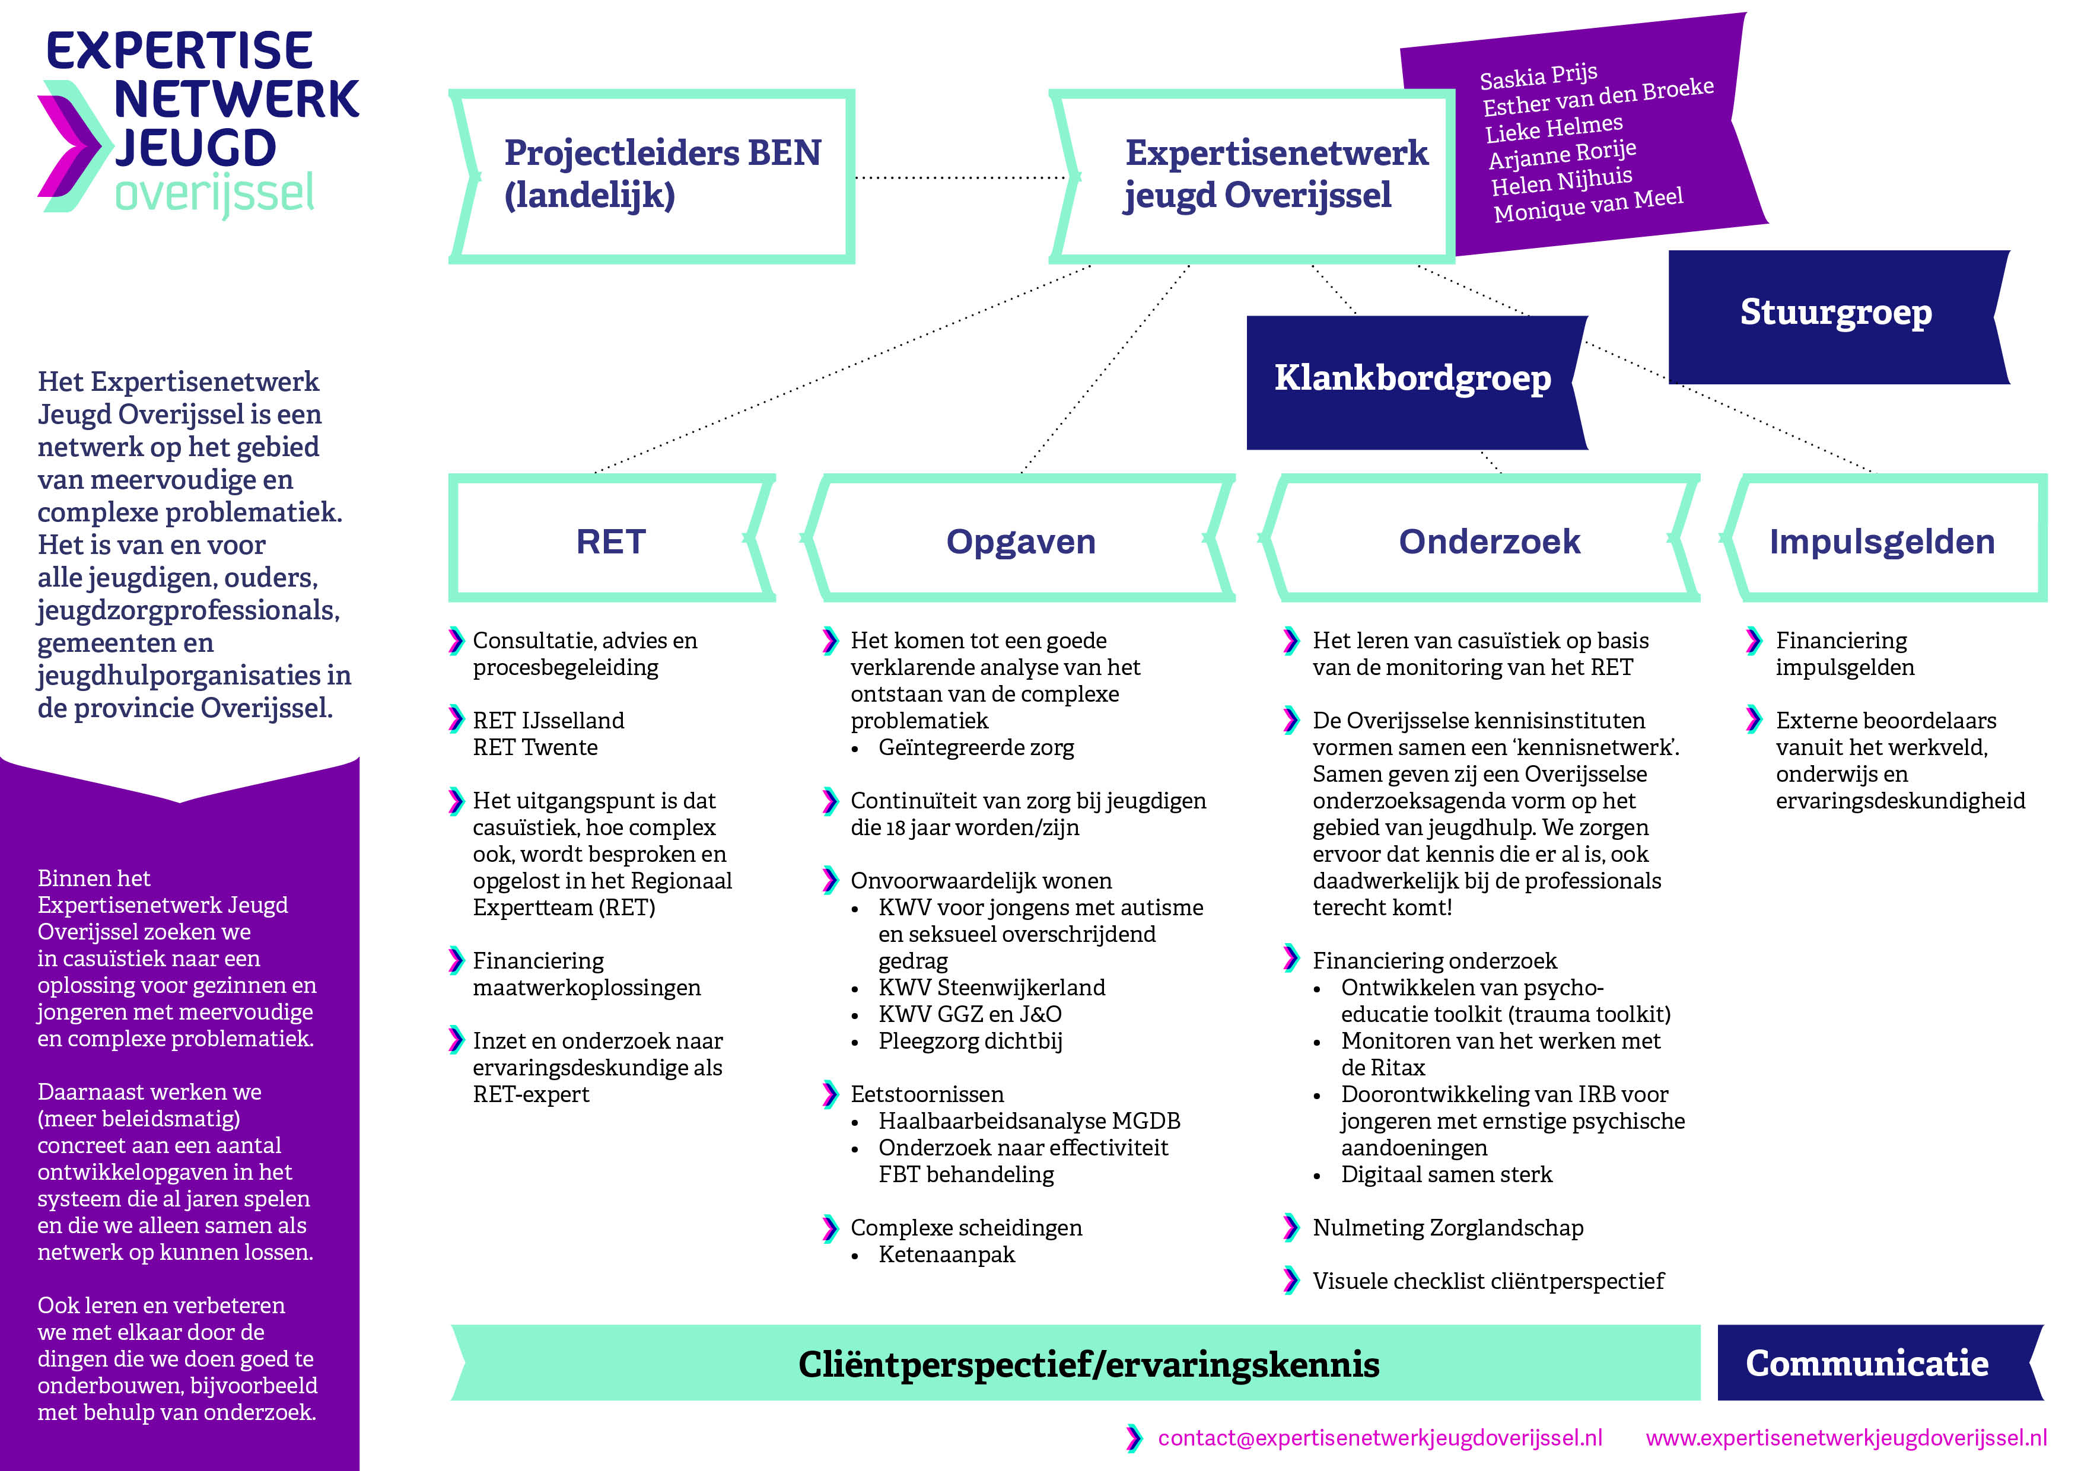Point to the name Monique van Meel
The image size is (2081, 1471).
[1588, 205]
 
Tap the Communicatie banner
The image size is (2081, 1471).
[1867, 1363]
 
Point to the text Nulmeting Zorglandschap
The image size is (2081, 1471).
[1447, 1228]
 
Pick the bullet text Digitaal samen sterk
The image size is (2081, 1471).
[1446, 1174]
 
